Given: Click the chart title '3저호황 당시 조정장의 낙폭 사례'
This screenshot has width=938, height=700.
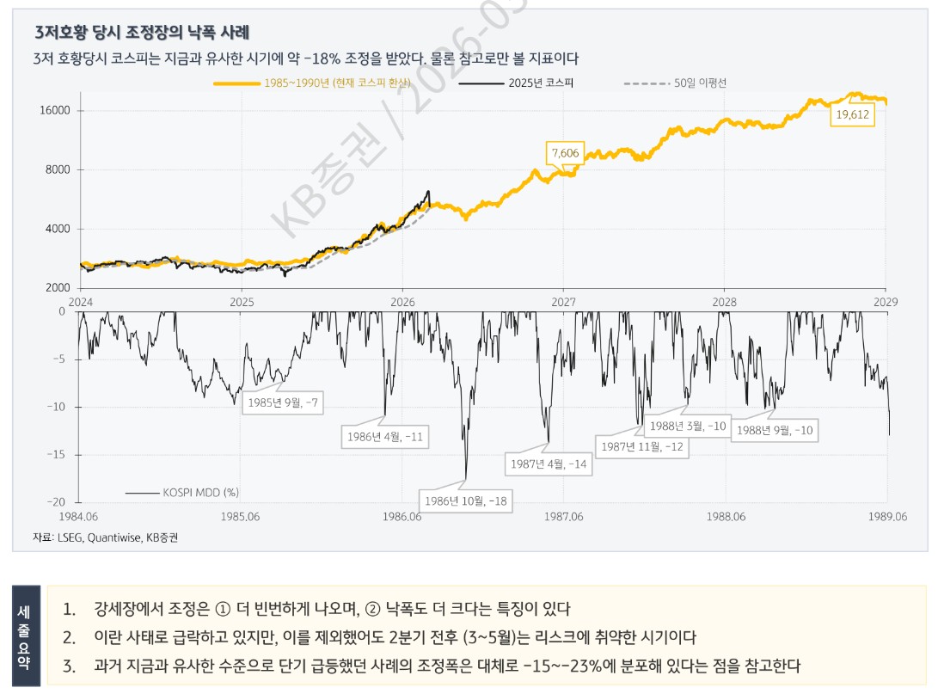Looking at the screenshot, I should pyautogui.click(x=142, y=34).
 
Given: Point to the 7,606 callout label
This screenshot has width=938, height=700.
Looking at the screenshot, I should pyautogui.click(x=565, y=153).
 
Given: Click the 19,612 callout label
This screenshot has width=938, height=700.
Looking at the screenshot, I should pyautogui.click(x=852, y=114).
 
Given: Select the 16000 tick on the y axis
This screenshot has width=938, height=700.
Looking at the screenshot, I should pyautogui.click(x=56, y=111).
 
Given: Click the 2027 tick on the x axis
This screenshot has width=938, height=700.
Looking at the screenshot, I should pyautogui.click(x=564, y=302).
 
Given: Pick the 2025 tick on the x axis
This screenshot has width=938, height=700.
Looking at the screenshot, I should pyautogui.click(x=242, y=302).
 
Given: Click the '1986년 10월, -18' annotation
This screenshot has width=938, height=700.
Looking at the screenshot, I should pyautogui.click(x=465, y=500).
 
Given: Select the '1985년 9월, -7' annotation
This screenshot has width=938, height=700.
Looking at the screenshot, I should pyautogui.click(x=283, y=402).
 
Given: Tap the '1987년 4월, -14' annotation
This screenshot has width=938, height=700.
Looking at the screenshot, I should pyautogui.click(x=548, y=464).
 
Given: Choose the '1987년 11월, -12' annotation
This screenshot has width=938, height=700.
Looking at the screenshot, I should pyautogui.click(x=642, y=446).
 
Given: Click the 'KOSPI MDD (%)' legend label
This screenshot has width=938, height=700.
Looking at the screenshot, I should pyautogui.click(x=200, y=492).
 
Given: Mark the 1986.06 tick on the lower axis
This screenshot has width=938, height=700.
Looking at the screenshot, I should pyautogui.click(x=402, y=517).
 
